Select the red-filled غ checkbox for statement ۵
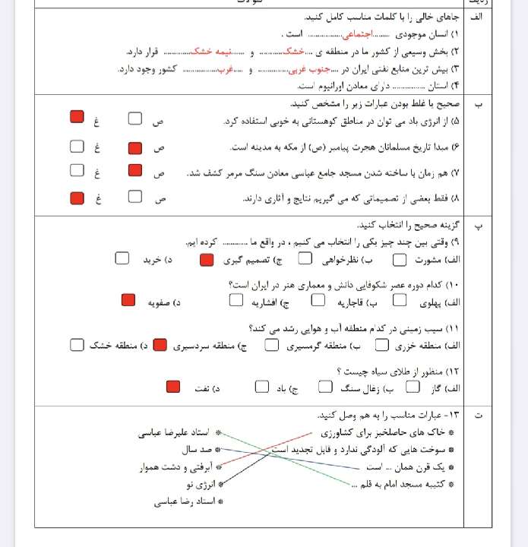[x=76, y=117]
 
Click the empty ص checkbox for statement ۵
[x=135, y=119]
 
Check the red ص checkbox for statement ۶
[x=135, y=147]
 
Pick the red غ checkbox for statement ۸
[x=76, y=197]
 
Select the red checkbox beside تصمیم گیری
[x=207, y=259]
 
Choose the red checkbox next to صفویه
[x=128, y=299]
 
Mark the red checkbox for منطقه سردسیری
[x=160, y=344]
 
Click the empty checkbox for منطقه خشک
[x=76, y=344]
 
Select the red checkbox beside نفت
[x=173, y=387]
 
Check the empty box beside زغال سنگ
[x=325, y=387]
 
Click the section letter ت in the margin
[x=478, y=415]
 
